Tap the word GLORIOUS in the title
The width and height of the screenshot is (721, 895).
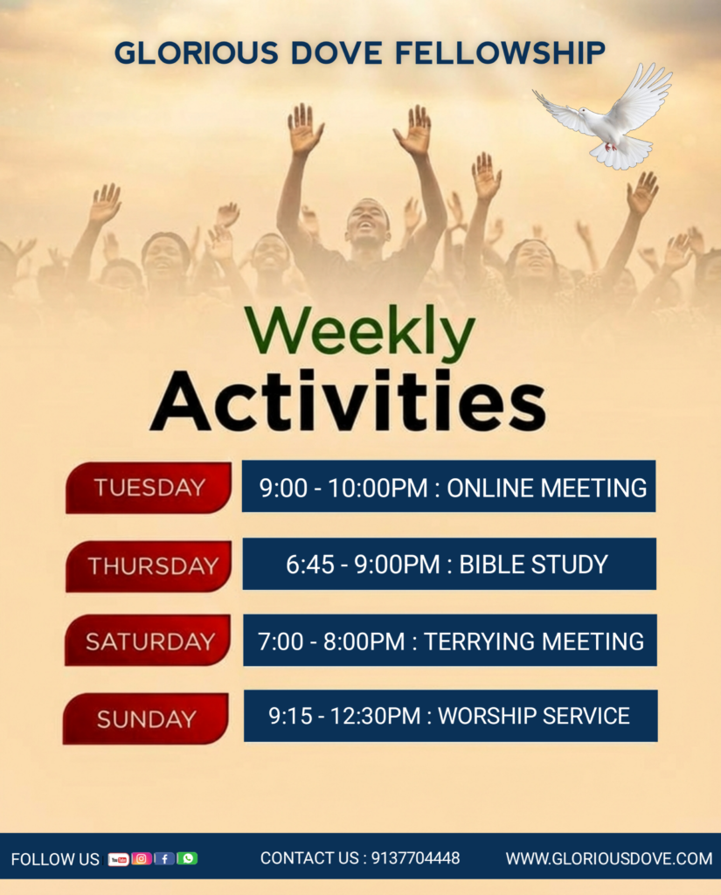197,53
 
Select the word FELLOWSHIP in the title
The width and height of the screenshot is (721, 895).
500,53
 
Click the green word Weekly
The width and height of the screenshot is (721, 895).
360,332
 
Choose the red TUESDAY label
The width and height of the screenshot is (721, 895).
149,488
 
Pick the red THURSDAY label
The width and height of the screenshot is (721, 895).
149,565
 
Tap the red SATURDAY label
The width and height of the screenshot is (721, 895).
148,641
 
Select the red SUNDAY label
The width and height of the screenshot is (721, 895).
146,718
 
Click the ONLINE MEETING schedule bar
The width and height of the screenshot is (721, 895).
448,486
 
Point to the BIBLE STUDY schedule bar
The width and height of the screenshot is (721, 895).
449,564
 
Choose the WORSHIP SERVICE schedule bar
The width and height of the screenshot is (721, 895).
450,716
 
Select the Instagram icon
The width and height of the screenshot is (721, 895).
141,858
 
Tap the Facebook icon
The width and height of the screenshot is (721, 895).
164,858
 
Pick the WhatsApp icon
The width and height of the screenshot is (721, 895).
187,858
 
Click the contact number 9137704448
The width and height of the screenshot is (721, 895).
416,858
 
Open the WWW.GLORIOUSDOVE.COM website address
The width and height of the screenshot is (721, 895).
609,858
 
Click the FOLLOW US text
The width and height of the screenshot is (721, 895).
55,860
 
